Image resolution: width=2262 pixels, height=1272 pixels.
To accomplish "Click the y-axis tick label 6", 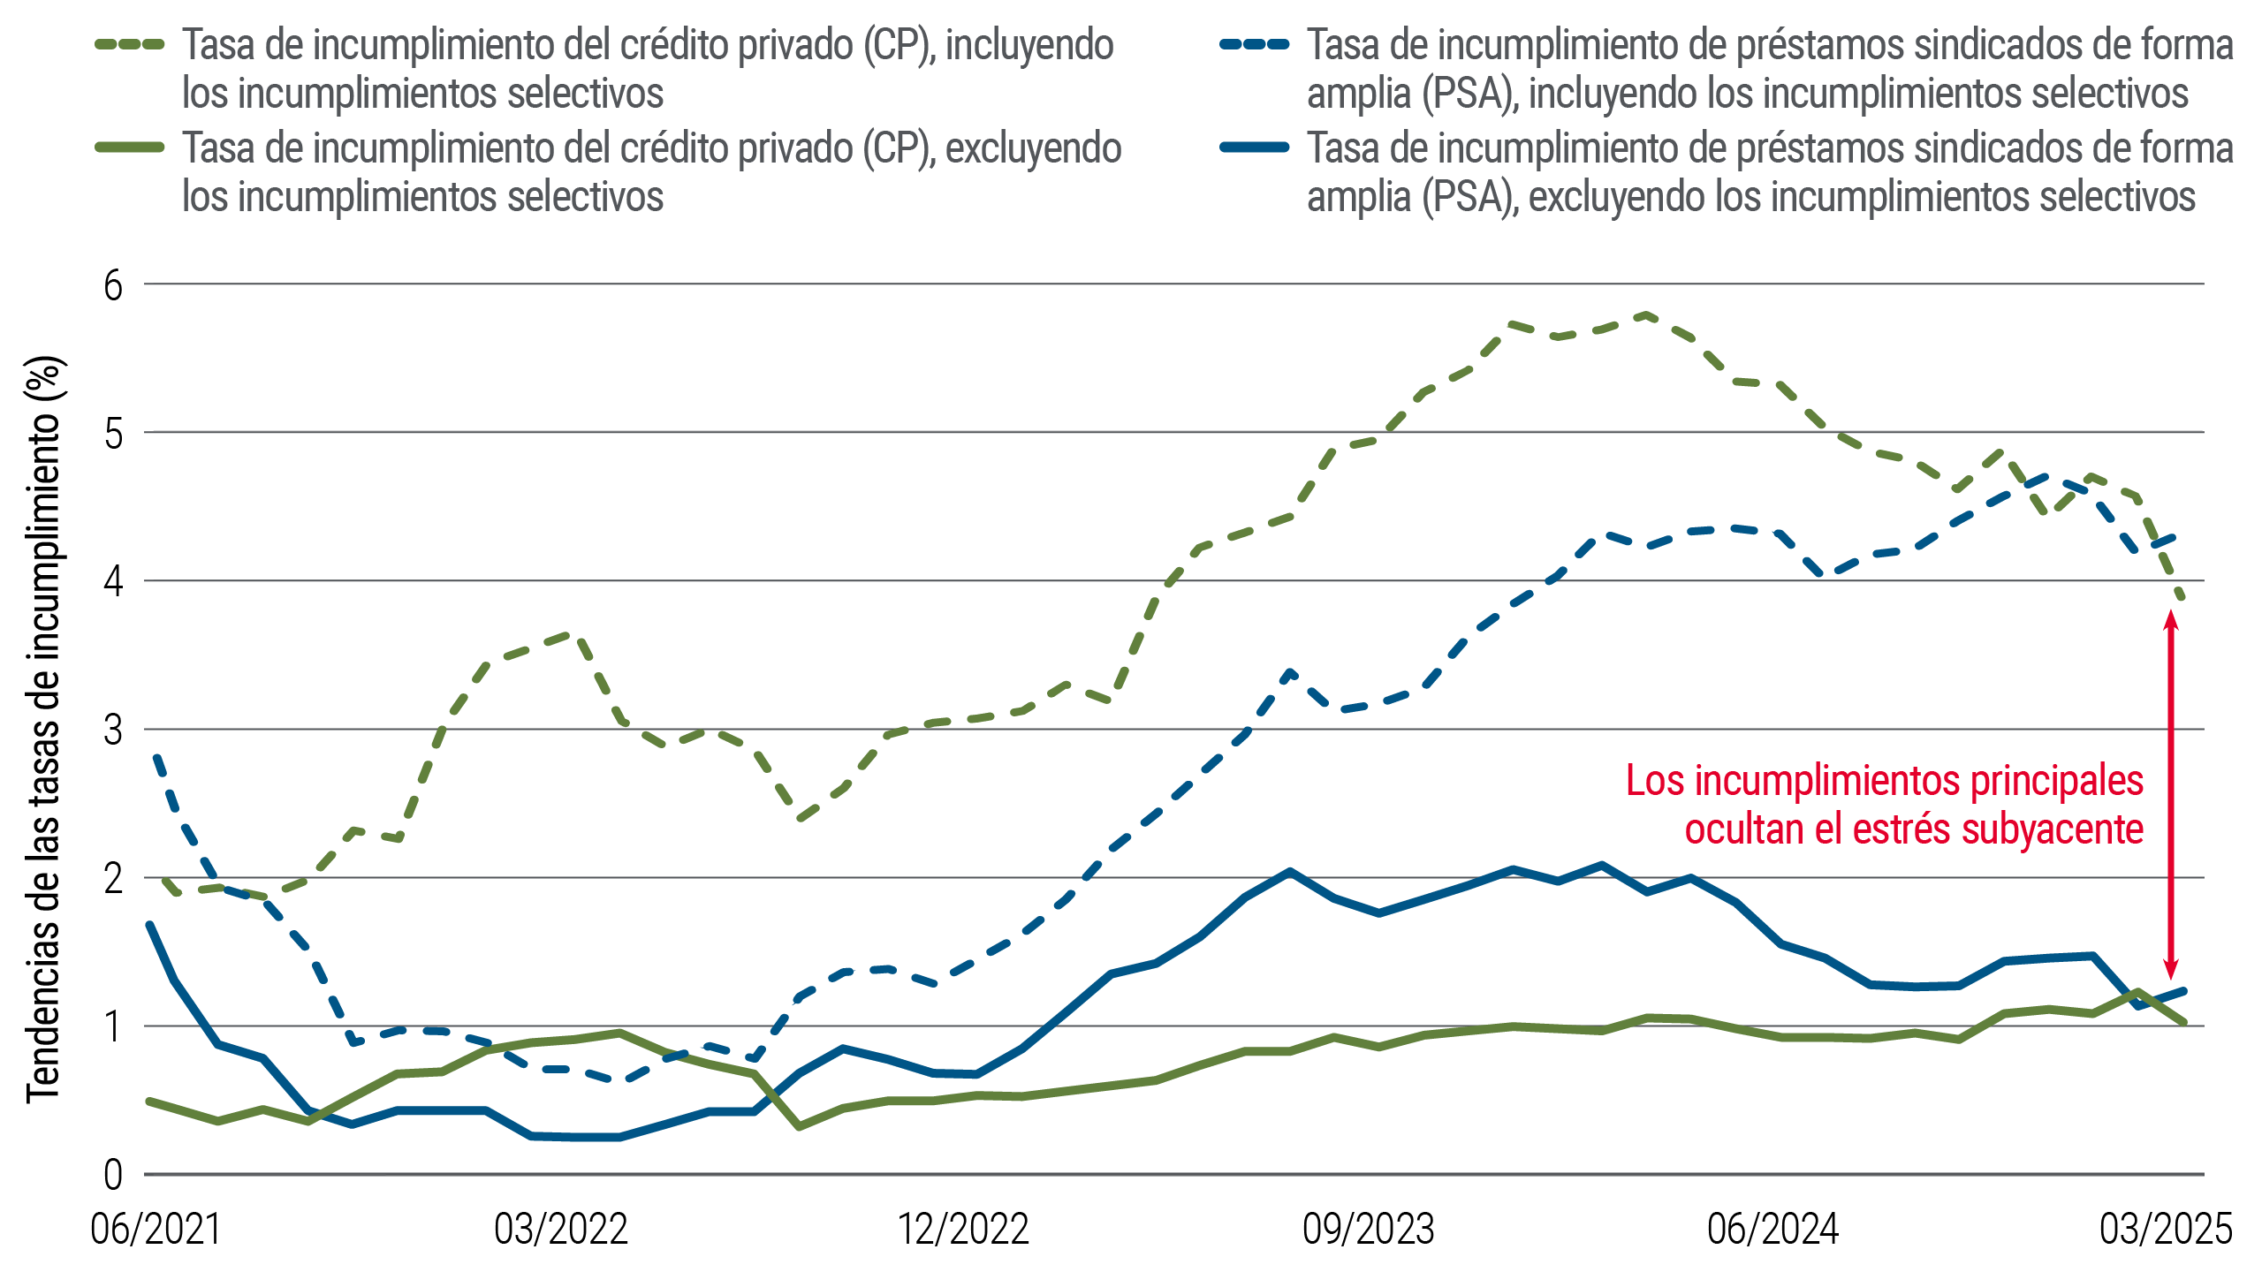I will pos(113,286).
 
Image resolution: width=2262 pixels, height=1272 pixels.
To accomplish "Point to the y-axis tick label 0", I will pos(113,1176).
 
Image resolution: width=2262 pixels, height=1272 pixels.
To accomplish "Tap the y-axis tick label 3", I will pos(113,731).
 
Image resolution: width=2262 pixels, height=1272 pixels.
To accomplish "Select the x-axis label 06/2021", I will pos(156,1229).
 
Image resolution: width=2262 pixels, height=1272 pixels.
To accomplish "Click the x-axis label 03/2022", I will pos(560,1229).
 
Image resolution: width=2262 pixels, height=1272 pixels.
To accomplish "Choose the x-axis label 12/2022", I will pos(964,1229).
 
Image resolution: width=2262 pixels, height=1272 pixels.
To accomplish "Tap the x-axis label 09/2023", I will pos(1368,1229).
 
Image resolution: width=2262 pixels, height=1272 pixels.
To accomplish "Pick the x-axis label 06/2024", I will pos(1772,1229).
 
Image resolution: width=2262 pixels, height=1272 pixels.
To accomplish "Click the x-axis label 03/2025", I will pos(2165,1229).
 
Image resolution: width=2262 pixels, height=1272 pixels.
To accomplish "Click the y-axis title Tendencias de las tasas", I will pos(44,729).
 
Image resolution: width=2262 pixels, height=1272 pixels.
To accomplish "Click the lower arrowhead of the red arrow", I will pos(2171,969).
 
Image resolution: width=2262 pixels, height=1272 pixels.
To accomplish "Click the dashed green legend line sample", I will pos(130,44).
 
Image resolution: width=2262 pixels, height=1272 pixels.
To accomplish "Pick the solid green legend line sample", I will pos(130,148).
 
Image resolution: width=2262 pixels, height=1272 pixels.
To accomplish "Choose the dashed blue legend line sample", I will pos(1255,44).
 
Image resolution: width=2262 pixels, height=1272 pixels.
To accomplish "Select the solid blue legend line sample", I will pos(1255,148).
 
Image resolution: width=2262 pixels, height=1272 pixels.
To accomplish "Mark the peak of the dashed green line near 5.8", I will pos(1644,314).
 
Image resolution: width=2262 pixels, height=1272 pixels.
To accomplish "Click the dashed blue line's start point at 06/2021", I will pos(156,755).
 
